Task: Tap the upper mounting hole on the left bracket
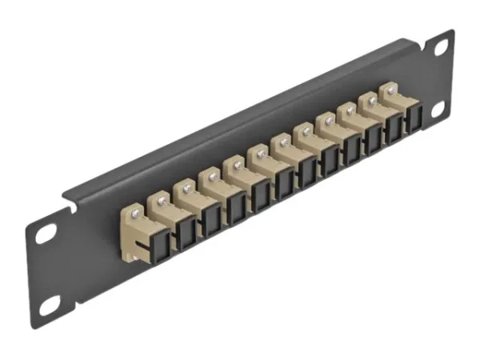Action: click(46, 234)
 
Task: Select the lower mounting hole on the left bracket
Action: click(50, 304)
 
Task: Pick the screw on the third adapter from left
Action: click(186, 188)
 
